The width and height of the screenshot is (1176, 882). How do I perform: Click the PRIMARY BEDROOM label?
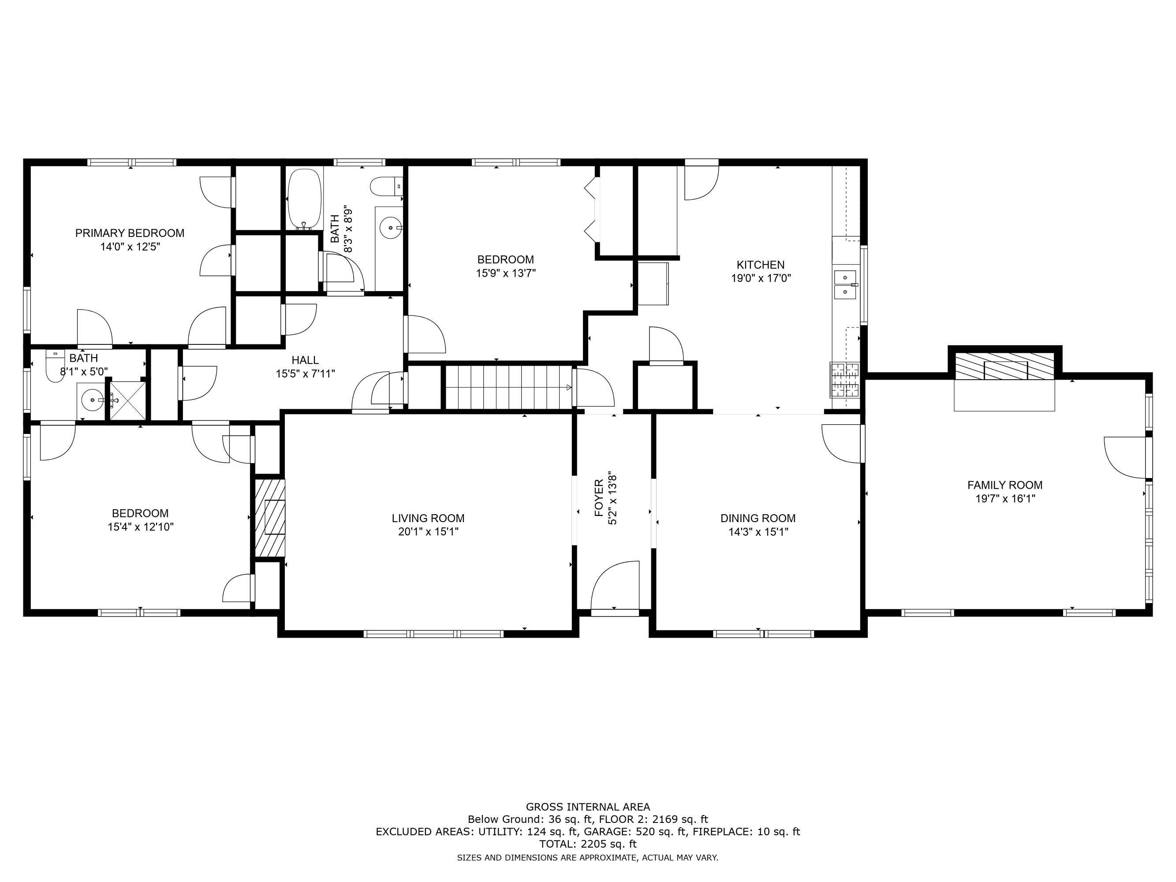pos(130,233)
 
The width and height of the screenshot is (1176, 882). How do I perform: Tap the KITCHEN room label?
pos(760,265)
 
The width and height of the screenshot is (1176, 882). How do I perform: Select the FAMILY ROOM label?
pos(1005,485)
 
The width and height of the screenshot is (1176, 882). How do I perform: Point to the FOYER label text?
pos(599,498)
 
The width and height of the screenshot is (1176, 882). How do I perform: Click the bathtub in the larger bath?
pos(305,199)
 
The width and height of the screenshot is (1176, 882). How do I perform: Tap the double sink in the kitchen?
pos(845,285)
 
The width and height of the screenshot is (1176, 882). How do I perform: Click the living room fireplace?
pos(270,517)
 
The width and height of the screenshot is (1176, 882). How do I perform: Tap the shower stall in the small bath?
pos(127,400)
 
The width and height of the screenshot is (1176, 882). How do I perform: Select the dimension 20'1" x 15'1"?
pos(428,532)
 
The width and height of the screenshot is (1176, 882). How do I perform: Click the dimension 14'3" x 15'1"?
pos(758,532)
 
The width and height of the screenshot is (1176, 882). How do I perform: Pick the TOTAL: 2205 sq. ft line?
pos(588,844)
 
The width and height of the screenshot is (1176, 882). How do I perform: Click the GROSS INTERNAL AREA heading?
pos(588,807)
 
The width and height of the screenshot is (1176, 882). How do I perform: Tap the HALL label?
pos(305,360)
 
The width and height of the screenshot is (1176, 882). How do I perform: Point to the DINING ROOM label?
pos(758,518)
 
